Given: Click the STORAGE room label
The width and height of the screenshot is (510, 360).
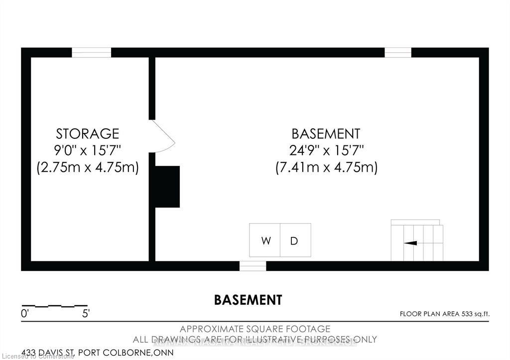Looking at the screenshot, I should [88, 134].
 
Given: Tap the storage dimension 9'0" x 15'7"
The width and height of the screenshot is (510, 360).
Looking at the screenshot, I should [88, 150].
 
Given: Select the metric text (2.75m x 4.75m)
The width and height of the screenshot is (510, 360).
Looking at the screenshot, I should [88, 167].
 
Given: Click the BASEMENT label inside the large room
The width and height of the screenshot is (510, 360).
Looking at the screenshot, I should [326, 134].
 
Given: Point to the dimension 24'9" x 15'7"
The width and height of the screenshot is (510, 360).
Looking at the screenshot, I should [326, 150].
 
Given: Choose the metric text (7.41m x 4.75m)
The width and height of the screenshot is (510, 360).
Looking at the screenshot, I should [326, 167].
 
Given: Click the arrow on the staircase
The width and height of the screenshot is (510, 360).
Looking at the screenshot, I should [410, 243].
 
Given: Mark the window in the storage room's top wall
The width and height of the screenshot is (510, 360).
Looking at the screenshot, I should [91, 52].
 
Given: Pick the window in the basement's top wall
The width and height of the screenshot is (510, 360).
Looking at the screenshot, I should [398, 52].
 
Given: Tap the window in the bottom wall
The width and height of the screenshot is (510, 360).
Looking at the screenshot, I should [253, 266].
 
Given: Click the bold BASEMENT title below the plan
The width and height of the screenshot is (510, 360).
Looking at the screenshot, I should [248, 300].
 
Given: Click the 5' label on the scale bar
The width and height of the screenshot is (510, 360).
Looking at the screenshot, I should [86, 314].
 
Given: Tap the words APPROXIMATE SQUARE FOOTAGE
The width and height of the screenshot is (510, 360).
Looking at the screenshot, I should [255, 329].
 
